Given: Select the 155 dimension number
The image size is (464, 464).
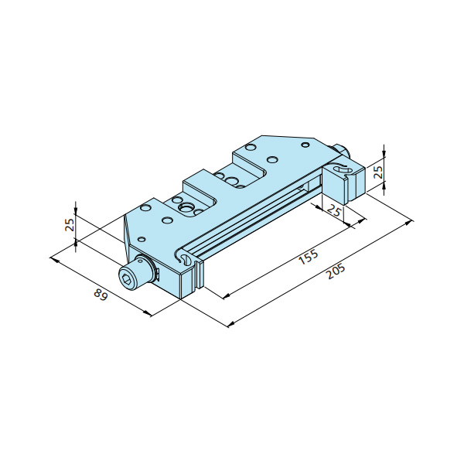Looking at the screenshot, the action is point(309,257).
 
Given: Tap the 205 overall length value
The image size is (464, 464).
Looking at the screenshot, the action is point(336,271).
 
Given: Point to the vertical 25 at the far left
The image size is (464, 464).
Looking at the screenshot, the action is point(70,225).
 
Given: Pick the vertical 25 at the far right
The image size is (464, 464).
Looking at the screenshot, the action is point(378,172).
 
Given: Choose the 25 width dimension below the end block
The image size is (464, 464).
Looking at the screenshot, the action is point(334,212).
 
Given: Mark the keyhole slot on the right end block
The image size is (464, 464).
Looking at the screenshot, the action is point(343,169).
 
